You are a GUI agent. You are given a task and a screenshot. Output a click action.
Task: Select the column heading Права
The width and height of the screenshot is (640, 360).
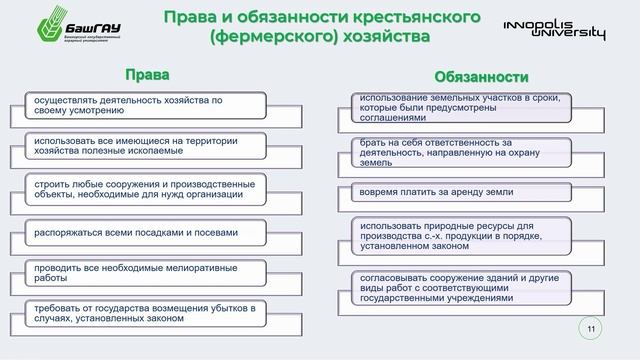[147, 75]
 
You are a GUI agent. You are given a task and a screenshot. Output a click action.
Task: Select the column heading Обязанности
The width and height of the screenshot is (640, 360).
[481, 76]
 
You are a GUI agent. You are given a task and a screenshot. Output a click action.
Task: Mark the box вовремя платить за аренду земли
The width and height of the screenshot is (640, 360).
[461, 191]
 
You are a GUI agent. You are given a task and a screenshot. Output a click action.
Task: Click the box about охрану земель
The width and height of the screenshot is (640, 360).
[461, 151]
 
